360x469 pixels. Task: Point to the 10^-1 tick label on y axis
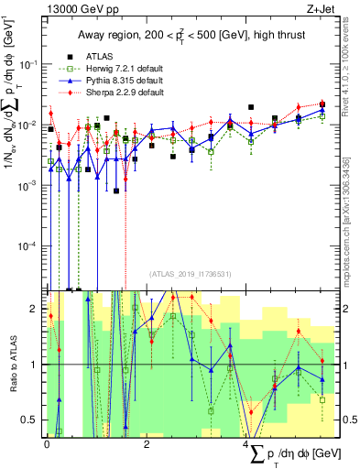point(27,63)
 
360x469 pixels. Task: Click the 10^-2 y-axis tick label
point(27,124)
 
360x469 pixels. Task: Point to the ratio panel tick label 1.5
point(31,336)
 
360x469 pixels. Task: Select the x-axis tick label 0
point(47,444)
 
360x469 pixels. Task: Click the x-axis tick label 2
point(147,444)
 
